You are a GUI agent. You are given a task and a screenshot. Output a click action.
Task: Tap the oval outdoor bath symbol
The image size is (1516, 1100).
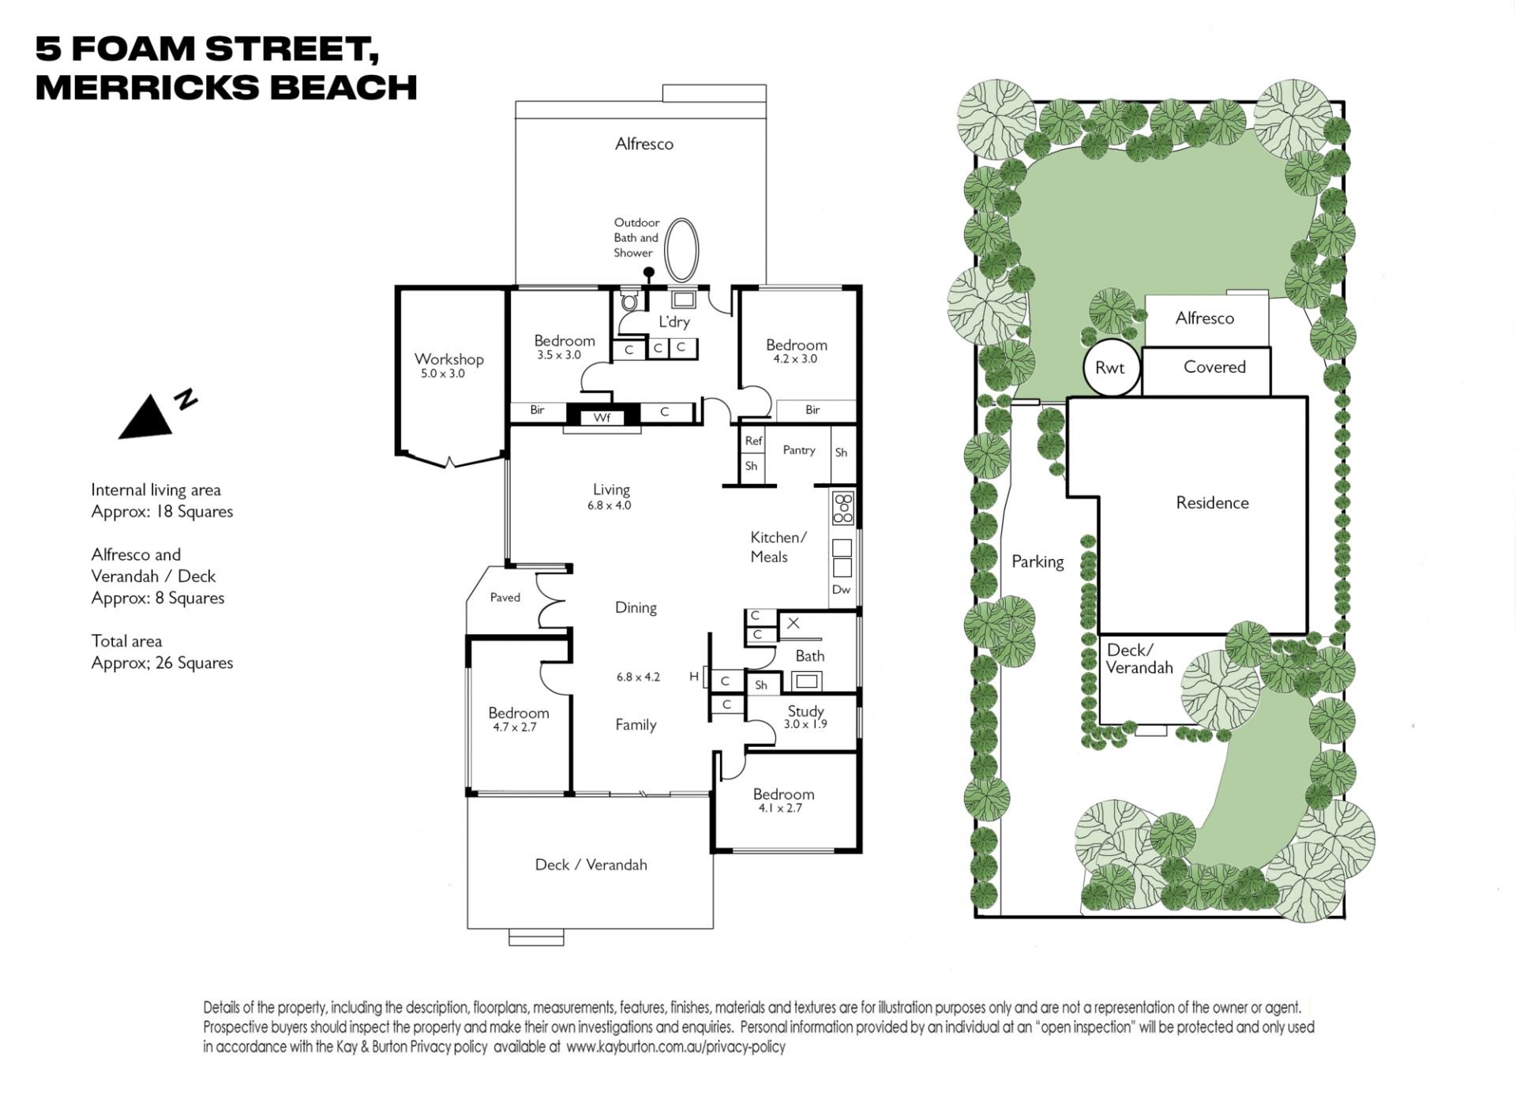[x=681, y=249]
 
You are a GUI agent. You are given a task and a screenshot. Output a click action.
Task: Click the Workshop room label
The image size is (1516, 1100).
[x=448, y=359]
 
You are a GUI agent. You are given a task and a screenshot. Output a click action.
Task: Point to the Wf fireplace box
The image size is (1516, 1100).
[x=602, y=418]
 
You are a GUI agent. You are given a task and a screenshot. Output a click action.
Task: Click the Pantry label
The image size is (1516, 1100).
[x=799, y=450]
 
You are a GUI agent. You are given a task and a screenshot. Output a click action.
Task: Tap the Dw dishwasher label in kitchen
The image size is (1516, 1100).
[x=842, y=589]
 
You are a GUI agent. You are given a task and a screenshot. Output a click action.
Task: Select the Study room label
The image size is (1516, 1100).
[x=805, y=711]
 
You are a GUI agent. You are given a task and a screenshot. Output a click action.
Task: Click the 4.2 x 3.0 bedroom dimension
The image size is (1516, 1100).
[x=795, y=359]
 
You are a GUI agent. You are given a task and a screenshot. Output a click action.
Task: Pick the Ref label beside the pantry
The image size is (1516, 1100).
[x=753, y=441]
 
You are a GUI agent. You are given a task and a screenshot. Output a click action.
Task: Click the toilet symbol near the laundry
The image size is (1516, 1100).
[x=629, y=300]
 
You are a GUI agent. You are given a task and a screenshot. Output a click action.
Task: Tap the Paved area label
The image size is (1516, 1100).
[x=505, y=597]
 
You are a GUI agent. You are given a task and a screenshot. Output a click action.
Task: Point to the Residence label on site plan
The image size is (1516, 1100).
[x=1212, y=503]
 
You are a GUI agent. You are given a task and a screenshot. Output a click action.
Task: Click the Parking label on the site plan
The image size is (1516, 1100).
[x=1038, y=561]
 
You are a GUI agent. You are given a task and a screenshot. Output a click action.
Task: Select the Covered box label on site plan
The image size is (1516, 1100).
[x=1214, y=367]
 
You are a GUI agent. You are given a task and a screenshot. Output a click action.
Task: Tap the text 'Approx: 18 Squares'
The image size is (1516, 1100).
[x=162, y=512]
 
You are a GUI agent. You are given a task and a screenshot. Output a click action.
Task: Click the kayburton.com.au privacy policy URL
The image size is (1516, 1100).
[x=676, y=1047]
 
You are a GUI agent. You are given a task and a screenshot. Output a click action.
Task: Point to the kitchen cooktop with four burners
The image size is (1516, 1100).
[x=843, y=509]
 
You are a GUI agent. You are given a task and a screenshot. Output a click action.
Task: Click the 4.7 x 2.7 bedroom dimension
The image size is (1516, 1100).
[x=515, y=727]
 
